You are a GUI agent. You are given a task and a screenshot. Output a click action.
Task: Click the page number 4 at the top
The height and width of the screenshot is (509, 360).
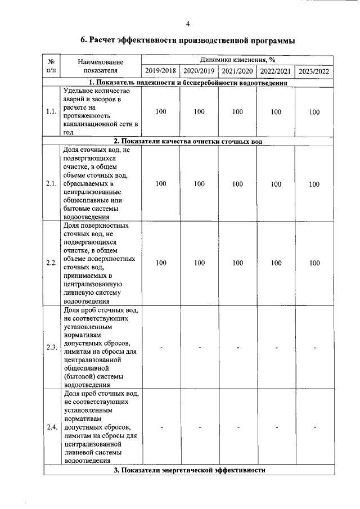[x=188, y=23]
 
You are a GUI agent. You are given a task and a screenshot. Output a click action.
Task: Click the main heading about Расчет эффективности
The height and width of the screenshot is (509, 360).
[x=188, y=40]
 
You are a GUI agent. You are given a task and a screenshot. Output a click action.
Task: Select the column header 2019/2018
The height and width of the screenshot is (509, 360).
[x=160, y=71]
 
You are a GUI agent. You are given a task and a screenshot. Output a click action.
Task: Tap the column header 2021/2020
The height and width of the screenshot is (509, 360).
[x=237, y=71]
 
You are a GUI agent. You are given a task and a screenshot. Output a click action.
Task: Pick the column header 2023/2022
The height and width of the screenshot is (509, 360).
[x=314, y=71]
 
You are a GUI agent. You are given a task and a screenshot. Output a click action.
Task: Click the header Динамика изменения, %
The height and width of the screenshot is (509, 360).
[x=237, y=59]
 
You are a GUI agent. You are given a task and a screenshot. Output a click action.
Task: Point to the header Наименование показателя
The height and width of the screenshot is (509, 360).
[x=101, y=65]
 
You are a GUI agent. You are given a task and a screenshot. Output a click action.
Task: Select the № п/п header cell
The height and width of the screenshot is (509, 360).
[x=51, y=65]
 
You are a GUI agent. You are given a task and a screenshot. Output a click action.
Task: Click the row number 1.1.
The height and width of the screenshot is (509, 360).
[x=51, y=112]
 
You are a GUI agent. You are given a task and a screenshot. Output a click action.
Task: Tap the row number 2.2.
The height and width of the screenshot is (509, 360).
[x=51, y=263]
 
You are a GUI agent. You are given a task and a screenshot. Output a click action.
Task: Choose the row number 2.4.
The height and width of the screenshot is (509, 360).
[x=51, y=427]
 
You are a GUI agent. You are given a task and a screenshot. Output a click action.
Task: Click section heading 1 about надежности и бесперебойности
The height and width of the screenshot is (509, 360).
[x=188, y=83]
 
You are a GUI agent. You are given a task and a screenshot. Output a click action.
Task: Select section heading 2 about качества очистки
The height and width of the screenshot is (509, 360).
[x=188, y=141]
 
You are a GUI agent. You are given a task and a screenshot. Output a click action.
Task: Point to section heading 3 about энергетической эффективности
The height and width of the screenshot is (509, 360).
[x=188, y=470]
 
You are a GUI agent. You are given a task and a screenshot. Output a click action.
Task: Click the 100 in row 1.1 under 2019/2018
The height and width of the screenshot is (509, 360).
[x=160, y=112]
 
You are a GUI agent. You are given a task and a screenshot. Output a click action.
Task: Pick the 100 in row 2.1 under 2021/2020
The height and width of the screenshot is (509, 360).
[x=237, y=184]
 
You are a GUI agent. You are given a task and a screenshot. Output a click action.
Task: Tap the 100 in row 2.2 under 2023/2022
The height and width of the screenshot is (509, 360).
[x=314, y=263]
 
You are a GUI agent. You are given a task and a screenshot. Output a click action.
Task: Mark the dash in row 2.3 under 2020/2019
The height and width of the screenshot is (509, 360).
[x=199, y=347]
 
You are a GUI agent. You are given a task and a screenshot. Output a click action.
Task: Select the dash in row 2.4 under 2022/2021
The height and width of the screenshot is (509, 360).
[x=276, y=427]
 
